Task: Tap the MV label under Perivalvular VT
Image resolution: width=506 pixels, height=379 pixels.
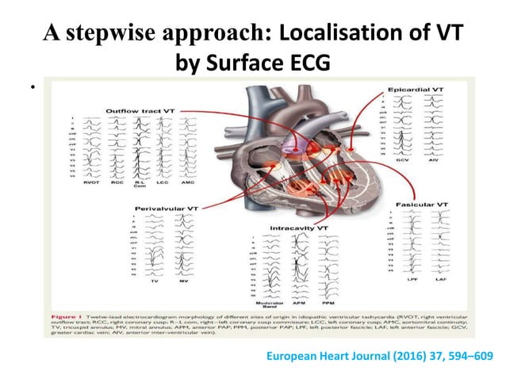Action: (x=182, y=281)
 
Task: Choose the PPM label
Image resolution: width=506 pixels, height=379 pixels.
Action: (x=326, y=303)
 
